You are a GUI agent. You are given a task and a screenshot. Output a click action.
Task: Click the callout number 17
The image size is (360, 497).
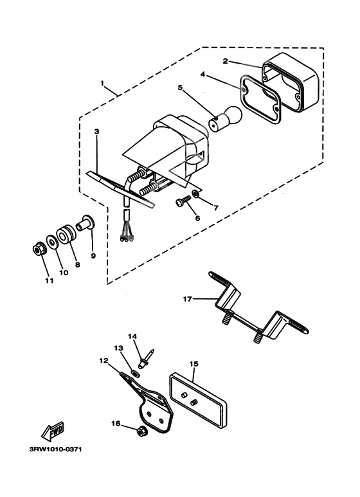(187, 298)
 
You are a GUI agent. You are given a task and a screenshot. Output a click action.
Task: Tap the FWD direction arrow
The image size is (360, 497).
(53, 431)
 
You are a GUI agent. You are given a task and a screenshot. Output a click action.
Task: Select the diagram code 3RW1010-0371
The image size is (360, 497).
(56, 449)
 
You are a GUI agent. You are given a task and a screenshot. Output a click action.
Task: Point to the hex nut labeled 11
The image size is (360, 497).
(40, 250)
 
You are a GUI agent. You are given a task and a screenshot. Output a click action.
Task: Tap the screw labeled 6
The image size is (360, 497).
(183, 201)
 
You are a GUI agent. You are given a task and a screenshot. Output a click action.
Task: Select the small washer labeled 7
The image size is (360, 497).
(196, 193)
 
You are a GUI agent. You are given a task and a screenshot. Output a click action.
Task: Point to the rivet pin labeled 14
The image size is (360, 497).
(146, 359)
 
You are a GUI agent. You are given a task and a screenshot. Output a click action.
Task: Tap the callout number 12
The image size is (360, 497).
(104, 361)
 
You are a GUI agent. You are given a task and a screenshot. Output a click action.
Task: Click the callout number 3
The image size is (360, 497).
(96, 131)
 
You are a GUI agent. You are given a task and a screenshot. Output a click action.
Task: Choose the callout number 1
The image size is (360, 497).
(102, 83)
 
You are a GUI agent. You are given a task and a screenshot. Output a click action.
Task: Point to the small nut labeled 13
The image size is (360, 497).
(136, 374)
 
